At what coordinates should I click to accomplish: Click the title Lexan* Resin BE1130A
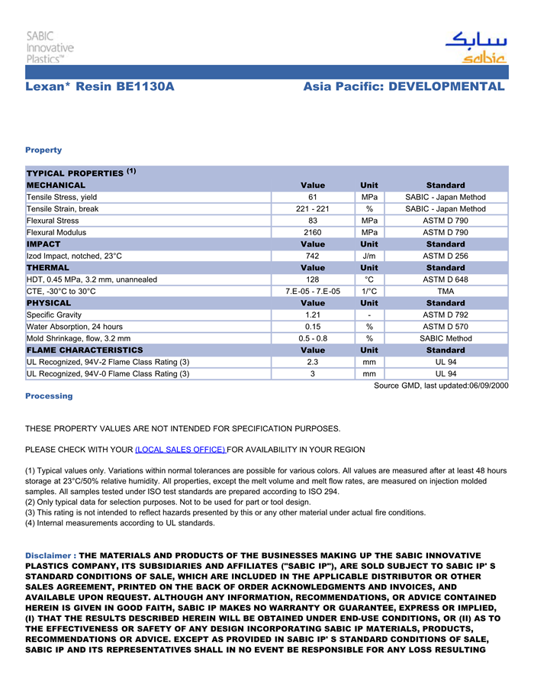point(100,87)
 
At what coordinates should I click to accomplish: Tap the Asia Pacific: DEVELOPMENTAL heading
point(404,87)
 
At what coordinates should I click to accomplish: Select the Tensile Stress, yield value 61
point(313,197)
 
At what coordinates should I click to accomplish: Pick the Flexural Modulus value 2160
point(313,232)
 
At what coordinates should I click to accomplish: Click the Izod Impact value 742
point(313,256)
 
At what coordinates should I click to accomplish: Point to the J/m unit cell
point(369,256)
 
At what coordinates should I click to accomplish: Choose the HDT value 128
point(313,279)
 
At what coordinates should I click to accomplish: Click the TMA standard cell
point(446,291)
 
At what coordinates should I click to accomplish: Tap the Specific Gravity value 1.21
point(313,315)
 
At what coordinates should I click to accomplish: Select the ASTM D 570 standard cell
point(446,326)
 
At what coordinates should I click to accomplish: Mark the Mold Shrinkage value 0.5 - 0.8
point(313,338)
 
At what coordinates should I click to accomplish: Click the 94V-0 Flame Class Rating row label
point(108,373)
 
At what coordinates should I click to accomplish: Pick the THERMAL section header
point(48,268)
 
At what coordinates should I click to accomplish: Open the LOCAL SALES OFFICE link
point(180,449)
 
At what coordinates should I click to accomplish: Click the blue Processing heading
point(49,396)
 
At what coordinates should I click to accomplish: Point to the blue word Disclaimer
point(50,555)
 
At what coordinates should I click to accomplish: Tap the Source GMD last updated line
point(440,386)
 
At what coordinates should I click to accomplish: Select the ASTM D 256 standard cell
point(446,256)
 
